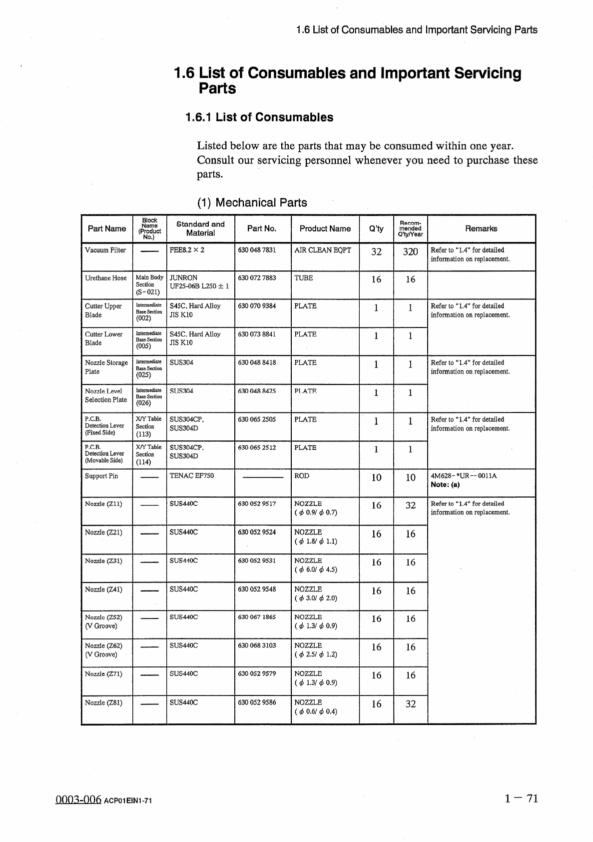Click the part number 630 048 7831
tap(257, 250)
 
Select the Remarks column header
tap(481, 228)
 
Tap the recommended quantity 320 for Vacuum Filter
tap(410, 252)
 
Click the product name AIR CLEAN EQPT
tap(322, 250)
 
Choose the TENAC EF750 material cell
tap(192, 475)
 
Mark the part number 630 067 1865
tap(257, 617)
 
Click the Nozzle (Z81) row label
tap(103, 702)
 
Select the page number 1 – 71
tap(522, 798)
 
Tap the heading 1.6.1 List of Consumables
tap(259, 117)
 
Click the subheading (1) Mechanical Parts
tap(252, 202)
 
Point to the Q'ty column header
tap(376, 228)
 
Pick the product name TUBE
tap(304, 278)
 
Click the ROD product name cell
tap(302, 475)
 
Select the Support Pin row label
tap(101, 476)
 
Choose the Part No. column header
tap(262, 228)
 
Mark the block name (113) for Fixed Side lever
tap(143, 434)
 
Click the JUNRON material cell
tap(183, 277)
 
